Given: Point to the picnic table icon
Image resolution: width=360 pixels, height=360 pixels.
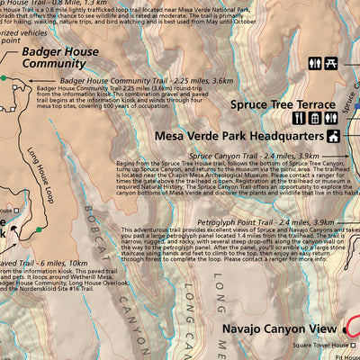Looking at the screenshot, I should point(331,64).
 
